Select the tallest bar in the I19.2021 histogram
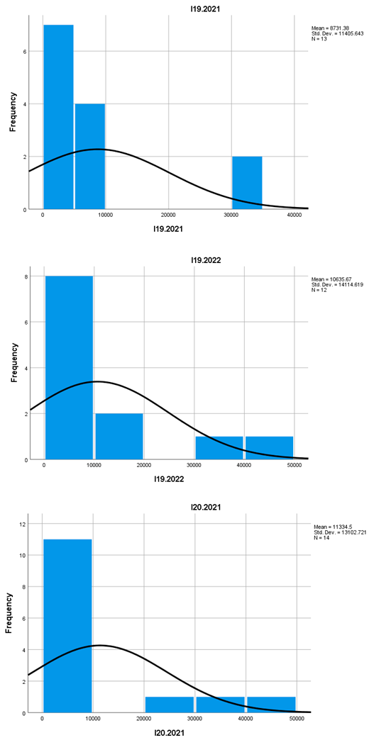tap(58, 117)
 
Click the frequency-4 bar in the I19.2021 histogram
tap(90, 157)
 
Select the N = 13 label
tap(314, 38)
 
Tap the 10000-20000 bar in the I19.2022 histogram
tap(119, 437)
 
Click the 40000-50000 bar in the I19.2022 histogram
tap(269, 448)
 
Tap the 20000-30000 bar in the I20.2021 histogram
tap(169, 705)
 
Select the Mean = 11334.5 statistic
tap(332, 527)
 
